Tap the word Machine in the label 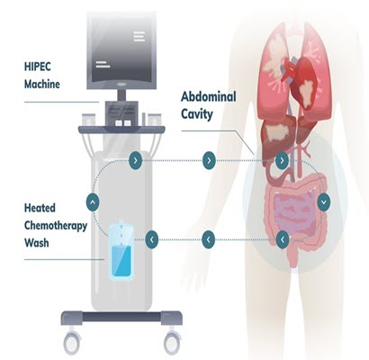42,84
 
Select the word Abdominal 209,97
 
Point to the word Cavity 197,114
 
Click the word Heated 40,208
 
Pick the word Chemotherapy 56,226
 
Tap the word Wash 36,242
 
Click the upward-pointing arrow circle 93,202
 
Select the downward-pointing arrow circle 324,202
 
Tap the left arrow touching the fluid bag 152,239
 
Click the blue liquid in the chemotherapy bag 121,261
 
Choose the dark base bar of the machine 121,317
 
